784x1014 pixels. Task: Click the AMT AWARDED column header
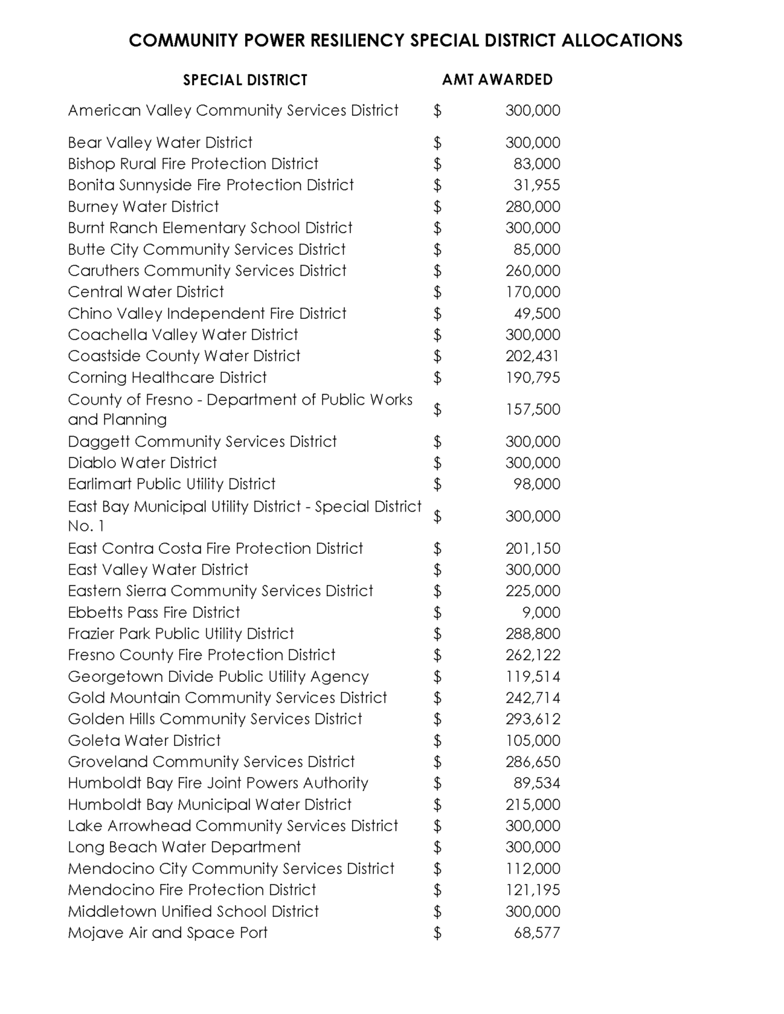(x=497, y=80)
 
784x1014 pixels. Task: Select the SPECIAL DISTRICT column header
(x=245, y=81)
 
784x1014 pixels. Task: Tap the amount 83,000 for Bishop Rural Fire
(x=537, y=164)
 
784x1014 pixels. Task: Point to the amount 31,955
(x=537, y=185)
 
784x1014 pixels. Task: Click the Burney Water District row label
(x=143, y=207)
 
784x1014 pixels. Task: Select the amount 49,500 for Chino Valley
(x=537, y=314)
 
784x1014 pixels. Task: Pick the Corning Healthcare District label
(x=167, y=378)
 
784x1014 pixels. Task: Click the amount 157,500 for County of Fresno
(x=532, y=409)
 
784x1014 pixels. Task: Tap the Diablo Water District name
(x=143, y=463)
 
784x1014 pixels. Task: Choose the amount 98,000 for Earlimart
(x=537, y=484)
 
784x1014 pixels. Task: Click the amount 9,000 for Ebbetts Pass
(x=541, y=613)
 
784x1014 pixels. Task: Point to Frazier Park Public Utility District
(x=181, y=634)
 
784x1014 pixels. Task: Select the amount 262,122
(x=532, y=655)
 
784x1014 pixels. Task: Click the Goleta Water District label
(x=144, y=741)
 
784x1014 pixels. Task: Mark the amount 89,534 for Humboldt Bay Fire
(x=537, y=783)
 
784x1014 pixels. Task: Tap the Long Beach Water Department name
(x=184, y=847)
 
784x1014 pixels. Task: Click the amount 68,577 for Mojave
(x=537, y=933)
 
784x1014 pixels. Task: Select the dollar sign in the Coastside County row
(x=437, y=356)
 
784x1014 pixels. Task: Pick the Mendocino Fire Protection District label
(x=192, y=890)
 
